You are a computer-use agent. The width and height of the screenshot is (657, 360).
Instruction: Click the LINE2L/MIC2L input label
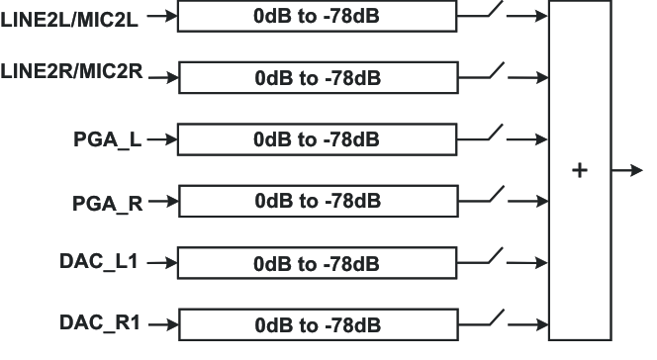click(71, 15)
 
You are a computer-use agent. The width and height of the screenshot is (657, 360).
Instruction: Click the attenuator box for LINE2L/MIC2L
click(317, 16)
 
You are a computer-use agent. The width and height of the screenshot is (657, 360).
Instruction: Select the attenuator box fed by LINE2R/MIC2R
click(317, 77)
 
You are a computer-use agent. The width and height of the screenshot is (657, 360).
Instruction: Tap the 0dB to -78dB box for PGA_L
click(317, 138)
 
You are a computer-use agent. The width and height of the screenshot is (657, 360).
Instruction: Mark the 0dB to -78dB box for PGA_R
click(317, 201)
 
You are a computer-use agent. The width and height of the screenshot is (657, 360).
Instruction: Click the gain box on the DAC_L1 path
click(317, 263)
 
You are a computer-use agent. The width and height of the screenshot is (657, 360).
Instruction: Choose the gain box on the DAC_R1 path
click(317, 324)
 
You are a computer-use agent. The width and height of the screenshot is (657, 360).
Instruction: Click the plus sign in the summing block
click(580, 171)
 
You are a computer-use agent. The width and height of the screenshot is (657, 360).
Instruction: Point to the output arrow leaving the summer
click(626, 170)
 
